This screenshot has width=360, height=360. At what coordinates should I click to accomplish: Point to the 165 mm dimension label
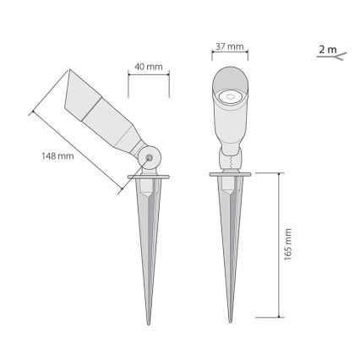tap(288, 244)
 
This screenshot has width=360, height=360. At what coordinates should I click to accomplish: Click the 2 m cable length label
tap(326, 50)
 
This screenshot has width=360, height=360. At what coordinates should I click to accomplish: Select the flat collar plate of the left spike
tap(150, 177)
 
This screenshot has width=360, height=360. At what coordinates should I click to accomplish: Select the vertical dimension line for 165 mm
tap(279, 244)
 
